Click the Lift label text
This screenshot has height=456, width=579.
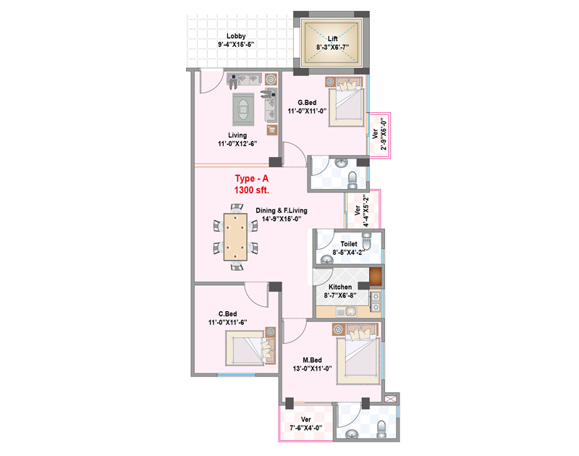point(332,39)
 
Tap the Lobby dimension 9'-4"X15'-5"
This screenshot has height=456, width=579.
point(236,45)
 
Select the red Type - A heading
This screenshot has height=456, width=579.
point(251,179)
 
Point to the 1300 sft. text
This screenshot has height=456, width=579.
point(251,190)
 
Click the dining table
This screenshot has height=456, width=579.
point(235,237)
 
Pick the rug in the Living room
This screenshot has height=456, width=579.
point(243,109)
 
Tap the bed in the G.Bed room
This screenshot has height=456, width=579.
point(347,102)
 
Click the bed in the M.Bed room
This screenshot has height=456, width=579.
point(358,355)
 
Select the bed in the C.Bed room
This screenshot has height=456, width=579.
point(250,347)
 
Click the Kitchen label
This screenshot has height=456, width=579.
point(340,287)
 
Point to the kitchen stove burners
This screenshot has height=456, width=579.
point(375,301)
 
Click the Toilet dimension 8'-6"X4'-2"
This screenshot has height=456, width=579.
point(348,253)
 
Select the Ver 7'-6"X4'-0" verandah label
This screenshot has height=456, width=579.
point(305,423)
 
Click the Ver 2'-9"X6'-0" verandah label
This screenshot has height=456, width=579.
point(380,134)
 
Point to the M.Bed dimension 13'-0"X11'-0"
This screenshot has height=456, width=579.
point(312,368)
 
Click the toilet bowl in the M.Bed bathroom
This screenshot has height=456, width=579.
point(382,428)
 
